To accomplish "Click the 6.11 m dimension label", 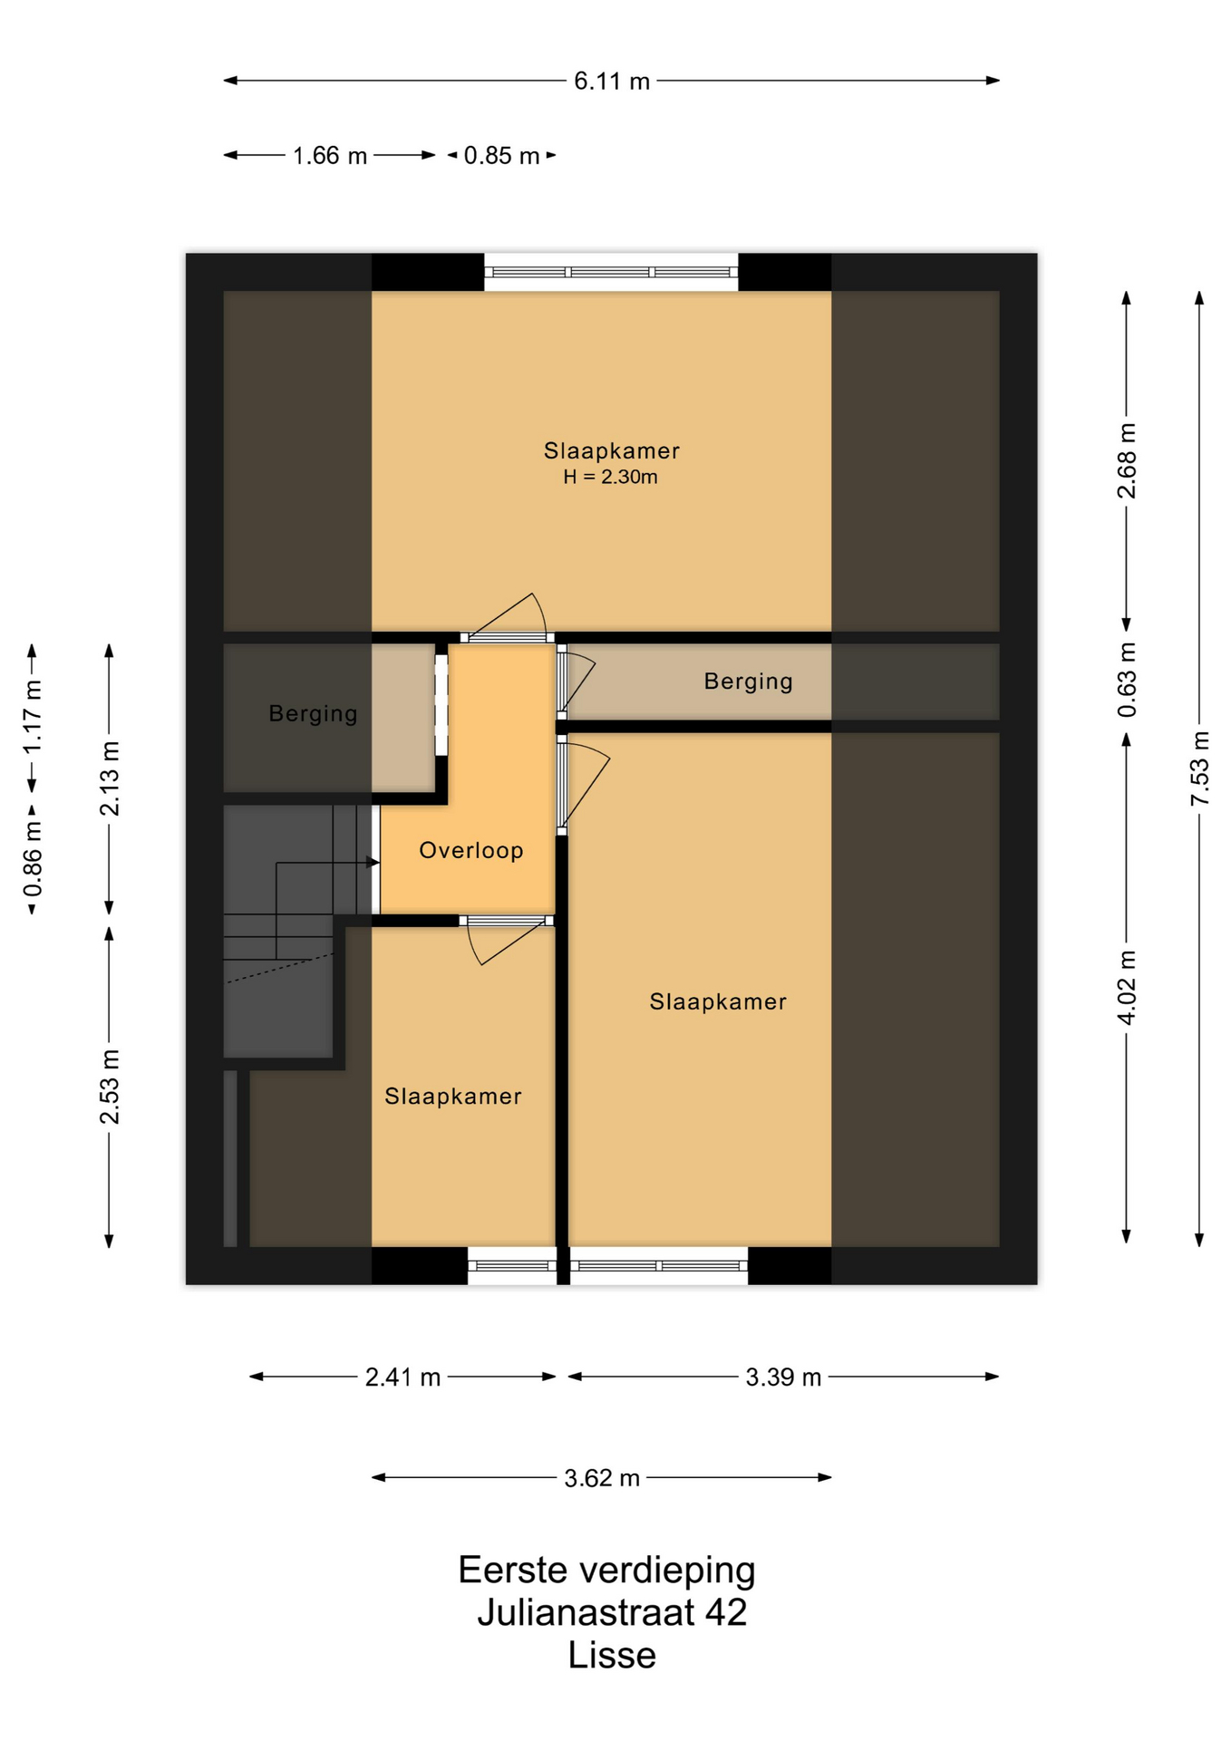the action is (x=612, y=82).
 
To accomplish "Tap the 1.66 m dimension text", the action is (x=330, y=156).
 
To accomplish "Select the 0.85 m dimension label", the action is (x=502, y=156).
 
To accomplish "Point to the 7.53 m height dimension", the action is (x=1199, y=768).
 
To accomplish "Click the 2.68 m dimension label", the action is (x=1127, y=460).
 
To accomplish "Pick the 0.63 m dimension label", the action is (x=1127, y=680).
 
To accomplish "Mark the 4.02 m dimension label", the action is (x=1127, y=988).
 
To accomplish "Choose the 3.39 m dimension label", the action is (x=783, y=1377).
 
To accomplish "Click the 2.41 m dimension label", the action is (x=402, y=1377).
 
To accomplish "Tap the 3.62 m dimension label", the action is (x=602, y=1478).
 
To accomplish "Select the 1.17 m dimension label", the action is (x=33, y=716).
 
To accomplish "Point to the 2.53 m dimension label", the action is (x=110, y=1087).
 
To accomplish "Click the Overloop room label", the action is (x=471, y=850).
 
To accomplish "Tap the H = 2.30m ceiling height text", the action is (x=610, y=477).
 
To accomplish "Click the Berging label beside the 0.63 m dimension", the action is (x=749, y=681).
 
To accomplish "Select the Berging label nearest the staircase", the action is (x=314, y=714).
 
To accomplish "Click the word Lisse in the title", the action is (x=612, y=1655).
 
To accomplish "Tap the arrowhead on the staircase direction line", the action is (x=373, y=863).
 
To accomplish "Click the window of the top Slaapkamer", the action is (x=611, y=272).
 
